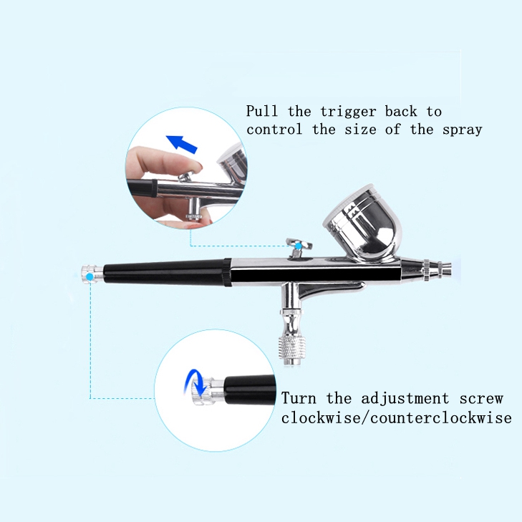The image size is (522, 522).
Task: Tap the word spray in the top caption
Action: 461,130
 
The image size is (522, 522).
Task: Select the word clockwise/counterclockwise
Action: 396,417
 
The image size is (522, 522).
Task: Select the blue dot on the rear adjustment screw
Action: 89,275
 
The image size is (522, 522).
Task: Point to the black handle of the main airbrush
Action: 165,272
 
